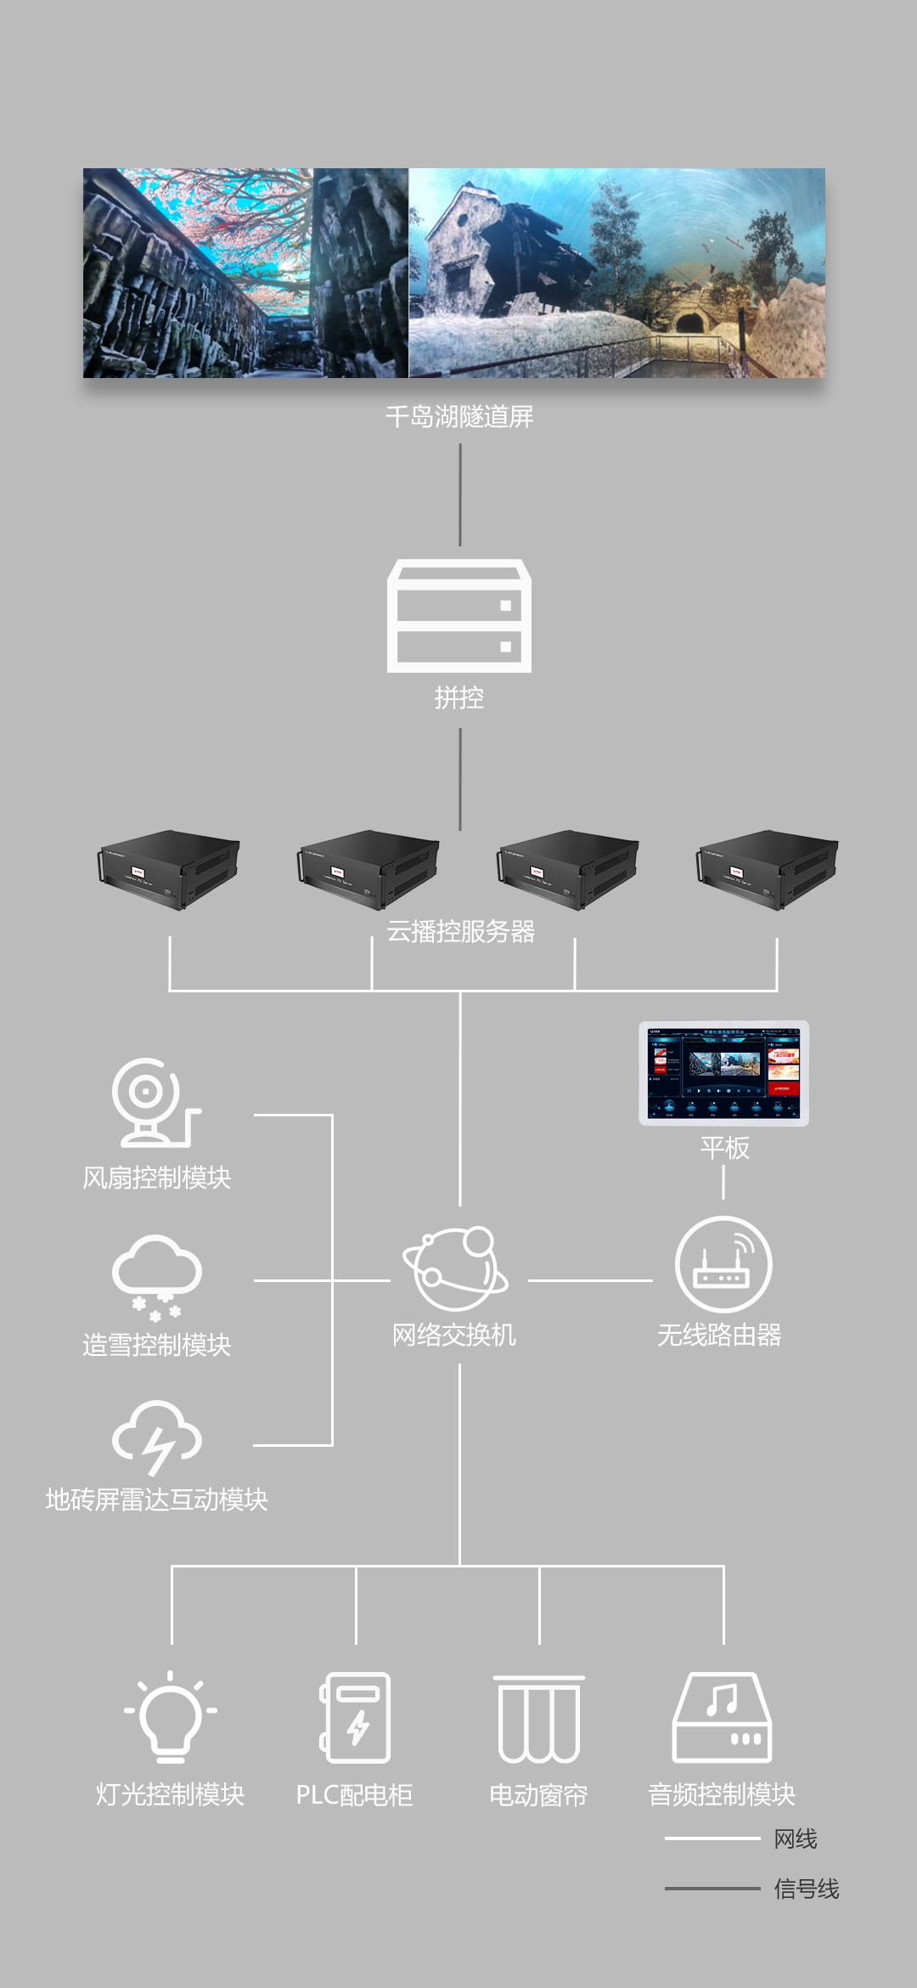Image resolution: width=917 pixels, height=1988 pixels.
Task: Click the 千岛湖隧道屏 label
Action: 459,416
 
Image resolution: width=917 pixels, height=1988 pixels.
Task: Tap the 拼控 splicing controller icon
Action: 459,616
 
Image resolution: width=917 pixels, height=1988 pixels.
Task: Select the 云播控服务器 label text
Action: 461,932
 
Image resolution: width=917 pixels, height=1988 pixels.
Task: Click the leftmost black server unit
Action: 169,869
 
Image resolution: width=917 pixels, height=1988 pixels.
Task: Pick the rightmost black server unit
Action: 768,869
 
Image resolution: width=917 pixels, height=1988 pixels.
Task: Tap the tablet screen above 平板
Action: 723,1073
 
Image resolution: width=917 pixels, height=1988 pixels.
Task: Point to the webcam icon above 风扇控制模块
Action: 154,1103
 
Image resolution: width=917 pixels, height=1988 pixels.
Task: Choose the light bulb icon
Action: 171,1716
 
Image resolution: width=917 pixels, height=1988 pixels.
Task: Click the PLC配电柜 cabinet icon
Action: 356,1717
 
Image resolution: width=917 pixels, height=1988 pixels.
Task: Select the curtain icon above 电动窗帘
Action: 539,1719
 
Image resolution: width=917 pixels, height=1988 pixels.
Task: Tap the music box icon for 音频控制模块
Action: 723,1717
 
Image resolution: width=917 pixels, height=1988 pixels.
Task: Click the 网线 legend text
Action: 796,1839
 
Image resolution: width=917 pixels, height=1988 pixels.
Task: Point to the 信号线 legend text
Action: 806,1889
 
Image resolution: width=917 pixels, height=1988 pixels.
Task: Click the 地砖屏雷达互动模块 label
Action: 157,1499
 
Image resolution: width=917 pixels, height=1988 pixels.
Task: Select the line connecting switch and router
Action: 590,1280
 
